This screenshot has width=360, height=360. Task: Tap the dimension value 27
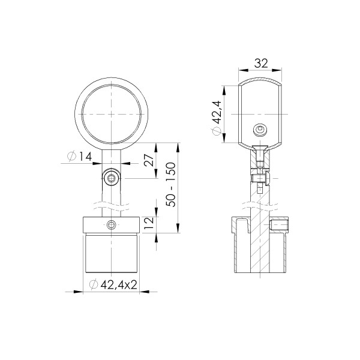point(150,161)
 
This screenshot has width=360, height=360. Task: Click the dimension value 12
point(150,223)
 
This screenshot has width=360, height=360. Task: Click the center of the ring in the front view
point(112,113)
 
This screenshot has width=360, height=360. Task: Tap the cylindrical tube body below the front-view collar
point(112,255)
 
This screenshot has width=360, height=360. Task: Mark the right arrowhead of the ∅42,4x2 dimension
point(140,292)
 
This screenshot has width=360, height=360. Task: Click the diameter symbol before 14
point(71,157)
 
